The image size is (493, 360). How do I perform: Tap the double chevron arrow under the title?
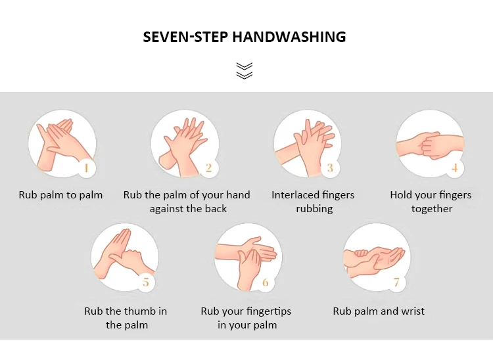tap(245, 70)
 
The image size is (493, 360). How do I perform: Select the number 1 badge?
tap(85, 168)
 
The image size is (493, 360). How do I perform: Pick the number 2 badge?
tap(208, 168)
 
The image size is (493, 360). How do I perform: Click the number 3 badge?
tap(330, 168)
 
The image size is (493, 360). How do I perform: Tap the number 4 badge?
tap(454, 168)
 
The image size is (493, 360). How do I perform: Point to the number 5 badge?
tap(146, 282)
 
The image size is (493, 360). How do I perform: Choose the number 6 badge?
tap(266, 282)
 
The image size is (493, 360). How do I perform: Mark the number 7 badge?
tap(396, 282)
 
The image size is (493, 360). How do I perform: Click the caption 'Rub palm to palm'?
tap(60, 195)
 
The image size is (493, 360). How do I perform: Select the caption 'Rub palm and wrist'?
tap(379, 311)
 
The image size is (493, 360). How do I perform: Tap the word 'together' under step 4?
tap(432, 209)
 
